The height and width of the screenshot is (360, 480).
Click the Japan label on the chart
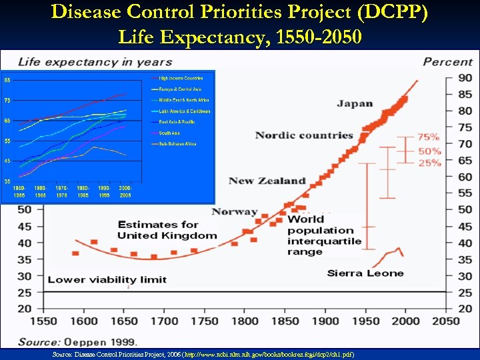click(x=355, y=103)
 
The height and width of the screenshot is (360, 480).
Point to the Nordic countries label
click(x=303, y=135)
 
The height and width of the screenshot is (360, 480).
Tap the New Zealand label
click(x=267, y=181)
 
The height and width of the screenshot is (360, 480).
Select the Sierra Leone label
click(x=365, y=273)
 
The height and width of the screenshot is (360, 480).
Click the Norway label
click(x=234, y=212)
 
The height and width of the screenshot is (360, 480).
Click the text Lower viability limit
click(x=107, y=279)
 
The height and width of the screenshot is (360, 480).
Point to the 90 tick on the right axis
click(x=464, y=79)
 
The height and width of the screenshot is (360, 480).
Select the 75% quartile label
click(x=429, y=137)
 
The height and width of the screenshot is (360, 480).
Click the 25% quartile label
click(x=429, y=163)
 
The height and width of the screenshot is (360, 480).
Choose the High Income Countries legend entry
click(x=181, y=78)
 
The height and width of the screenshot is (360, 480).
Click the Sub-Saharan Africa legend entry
click(x=177, y=143)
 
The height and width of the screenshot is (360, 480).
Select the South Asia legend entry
click(x=170, y=133)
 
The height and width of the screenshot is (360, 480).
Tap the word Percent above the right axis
click(x=447, y=62)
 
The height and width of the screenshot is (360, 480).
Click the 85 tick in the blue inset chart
click(x=7, y=81)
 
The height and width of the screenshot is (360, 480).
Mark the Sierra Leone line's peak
click(x=399, y=249)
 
